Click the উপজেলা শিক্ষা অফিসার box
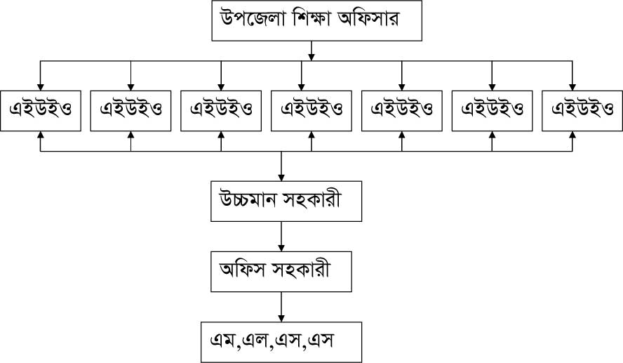(316, 21)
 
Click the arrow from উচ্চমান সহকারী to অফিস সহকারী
(281, 235)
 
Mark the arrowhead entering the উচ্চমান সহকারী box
(281, 177)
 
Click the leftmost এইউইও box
(40, 110)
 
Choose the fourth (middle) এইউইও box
(311, 110)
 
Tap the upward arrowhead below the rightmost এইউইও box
(572, 136)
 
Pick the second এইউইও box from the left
(130, 110)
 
